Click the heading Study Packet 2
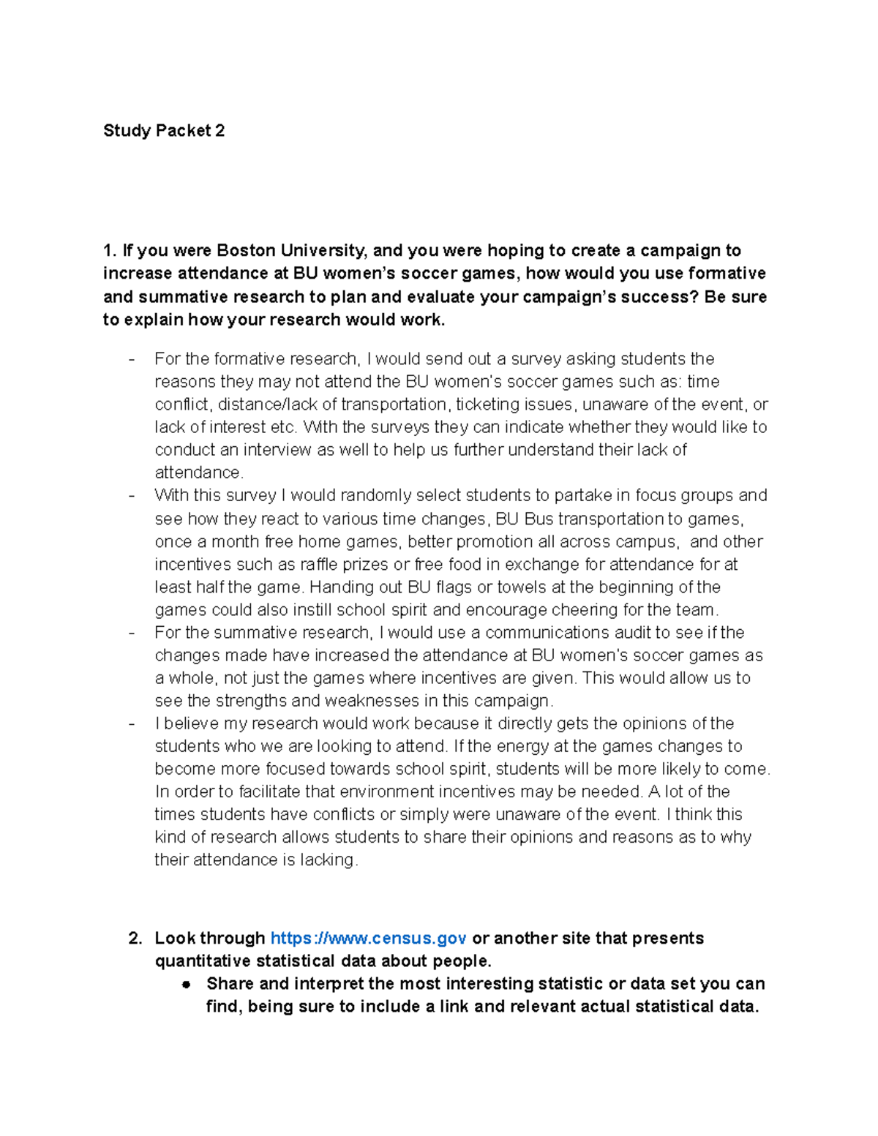[x=164, y=131]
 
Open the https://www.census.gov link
[x=368, y=938]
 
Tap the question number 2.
[x=135, y=938]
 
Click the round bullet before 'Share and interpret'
[x=187, y=985]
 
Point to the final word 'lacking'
[x=326, y=859]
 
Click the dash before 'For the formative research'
[x=132, y=359]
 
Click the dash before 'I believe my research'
[x=132, y=723]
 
